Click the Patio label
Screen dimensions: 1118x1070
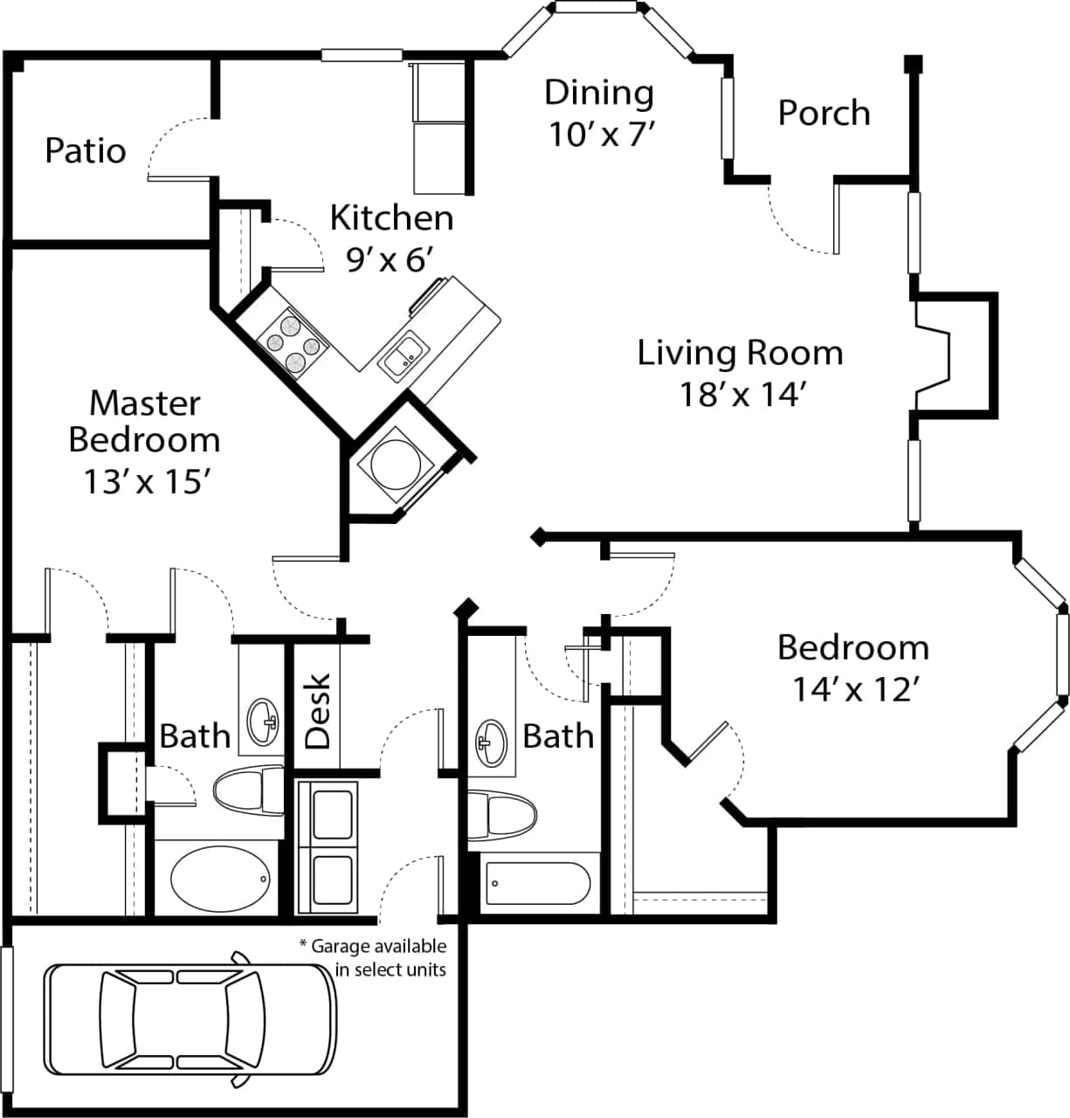[85, 150]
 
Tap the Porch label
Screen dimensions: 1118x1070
[824, 113]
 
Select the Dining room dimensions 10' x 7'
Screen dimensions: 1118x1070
[601, 134]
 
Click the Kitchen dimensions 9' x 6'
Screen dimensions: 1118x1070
[390, 259]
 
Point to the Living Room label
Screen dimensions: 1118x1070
[740, 353]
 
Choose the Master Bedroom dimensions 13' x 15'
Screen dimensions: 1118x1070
[144, 480]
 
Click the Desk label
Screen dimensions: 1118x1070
[318, 710]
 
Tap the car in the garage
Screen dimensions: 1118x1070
[190, 1019]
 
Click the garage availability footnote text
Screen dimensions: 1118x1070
[373, 957]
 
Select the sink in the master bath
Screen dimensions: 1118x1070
[262, 720]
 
